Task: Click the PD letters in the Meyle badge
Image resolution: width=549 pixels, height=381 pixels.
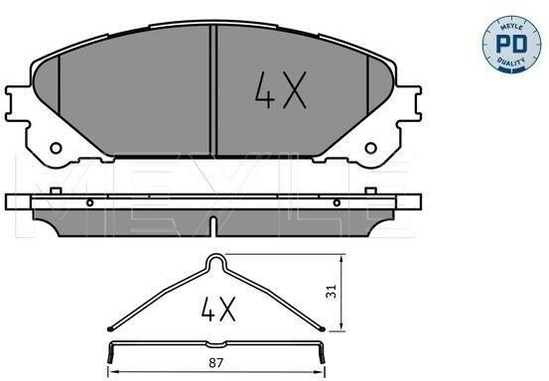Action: pyautogui.click(x=511, y=44)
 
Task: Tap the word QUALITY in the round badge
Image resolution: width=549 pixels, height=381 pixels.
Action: pyautogui.click(x=511, y=63)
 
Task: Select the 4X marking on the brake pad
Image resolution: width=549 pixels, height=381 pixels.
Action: pyautogui.click(x=281, y=90)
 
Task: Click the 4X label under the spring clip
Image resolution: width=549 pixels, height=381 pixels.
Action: pyautogui.click(x=218, y=310)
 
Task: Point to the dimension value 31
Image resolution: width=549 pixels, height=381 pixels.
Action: pyautogui.click(x=331, y=291)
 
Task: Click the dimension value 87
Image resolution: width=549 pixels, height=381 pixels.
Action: pyautogui.click(x=215, y=363)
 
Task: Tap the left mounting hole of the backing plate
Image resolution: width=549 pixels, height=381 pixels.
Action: pyautogui.click(x=56, y=148)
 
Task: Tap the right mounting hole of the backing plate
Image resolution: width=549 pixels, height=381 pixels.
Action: pyautogui.click(x=370, y=148)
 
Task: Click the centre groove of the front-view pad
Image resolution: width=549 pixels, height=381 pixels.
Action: pyautogui.click(x=213, y=90)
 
